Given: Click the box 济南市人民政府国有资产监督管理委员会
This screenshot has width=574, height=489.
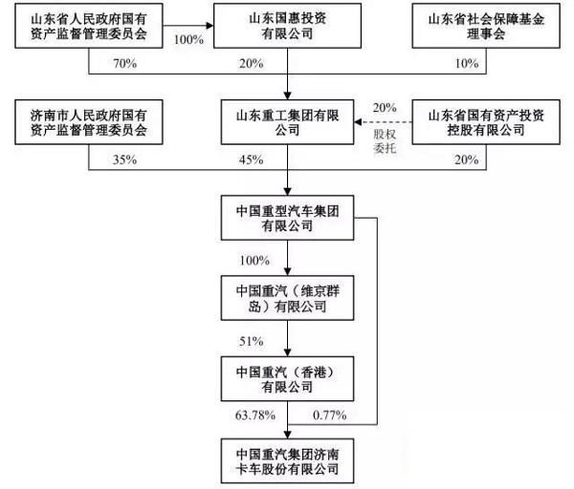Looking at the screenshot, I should [x=87, y=122].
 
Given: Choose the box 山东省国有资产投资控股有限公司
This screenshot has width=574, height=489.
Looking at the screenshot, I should [x=486, y=122].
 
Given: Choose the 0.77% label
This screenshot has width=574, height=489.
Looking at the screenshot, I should [x=330, y=415].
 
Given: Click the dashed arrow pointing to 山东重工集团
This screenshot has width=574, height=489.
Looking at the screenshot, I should [x=383, y=122].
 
